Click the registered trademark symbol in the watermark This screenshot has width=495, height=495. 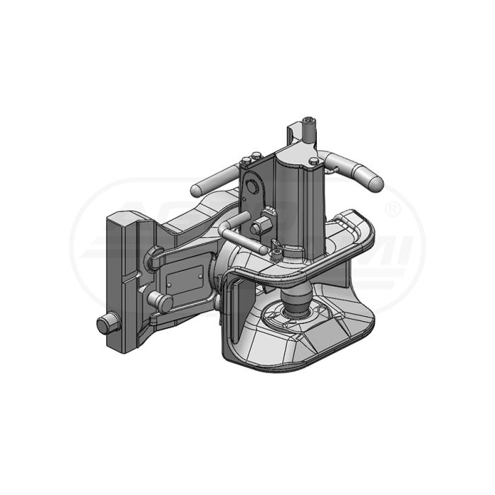click(394, 209)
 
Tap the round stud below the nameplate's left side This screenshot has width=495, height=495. click(162, 303)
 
